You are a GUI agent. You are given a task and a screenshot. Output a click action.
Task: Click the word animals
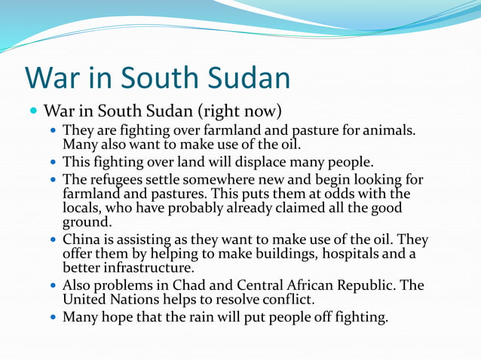coord(389,131)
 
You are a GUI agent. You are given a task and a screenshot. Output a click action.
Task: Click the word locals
coord(82,207)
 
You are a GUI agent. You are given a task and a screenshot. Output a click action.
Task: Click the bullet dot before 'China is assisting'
coord(53,241)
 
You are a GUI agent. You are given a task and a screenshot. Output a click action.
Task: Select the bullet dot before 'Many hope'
coord(53,318)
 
